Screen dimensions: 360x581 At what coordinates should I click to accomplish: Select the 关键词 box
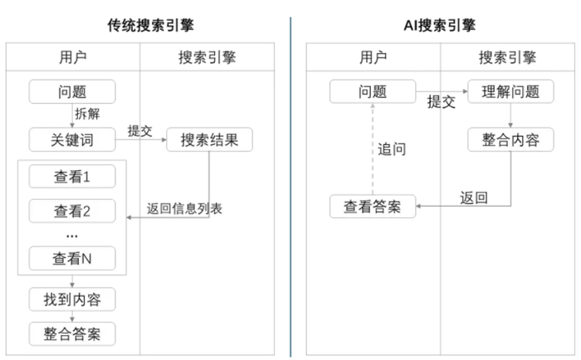tap(71, 139)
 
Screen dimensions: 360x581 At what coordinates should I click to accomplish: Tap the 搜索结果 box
tap(209, 139)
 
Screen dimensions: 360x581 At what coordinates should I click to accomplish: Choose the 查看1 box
tap(71, 177)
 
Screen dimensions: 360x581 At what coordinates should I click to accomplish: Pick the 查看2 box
tap(71, 211)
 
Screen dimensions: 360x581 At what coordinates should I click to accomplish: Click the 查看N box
tap(71, 258)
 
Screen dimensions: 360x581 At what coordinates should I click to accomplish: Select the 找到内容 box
tap(71, 299)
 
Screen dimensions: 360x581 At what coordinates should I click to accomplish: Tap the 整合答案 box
tap(71, 333)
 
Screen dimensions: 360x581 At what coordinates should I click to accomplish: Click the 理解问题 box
tap(510, 91)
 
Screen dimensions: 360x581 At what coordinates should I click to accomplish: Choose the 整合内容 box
tap(510, 139)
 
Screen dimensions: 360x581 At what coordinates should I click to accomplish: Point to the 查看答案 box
tap(372, 207)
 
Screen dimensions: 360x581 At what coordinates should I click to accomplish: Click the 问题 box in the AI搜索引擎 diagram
tap(372, 91)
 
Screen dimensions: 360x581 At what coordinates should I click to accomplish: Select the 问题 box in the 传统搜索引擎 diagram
tap(71, 91)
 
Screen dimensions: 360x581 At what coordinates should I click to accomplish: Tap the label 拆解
tap(87, 114)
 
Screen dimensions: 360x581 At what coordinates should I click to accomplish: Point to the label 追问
tap(392, 149)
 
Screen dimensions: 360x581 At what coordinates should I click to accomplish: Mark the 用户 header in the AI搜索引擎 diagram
tap(373, 57)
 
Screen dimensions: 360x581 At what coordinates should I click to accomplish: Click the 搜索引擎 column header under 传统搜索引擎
tap(207, 57)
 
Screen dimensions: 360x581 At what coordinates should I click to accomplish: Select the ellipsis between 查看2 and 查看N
tap(71, 235)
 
